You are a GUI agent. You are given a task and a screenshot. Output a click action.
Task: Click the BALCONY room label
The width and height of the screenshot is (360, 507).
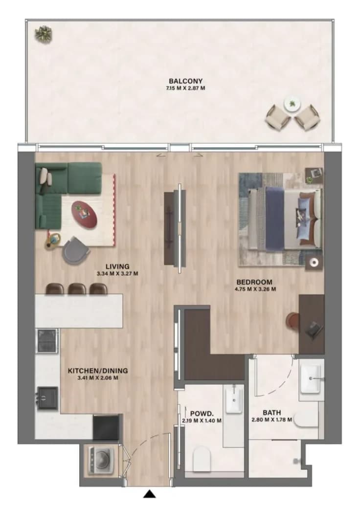coord(185,81)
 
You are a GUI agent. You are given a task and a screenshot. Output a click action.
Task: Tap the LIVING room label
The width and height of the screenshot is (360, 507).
coord(117,266)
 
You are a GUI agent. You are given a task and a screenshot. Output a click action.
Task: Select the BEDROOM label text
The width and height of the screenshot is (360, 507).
coord(254,282)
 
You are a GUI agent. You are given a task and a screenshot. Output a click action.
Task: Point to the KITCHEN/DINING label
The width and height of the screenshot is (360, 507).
coord(98,371)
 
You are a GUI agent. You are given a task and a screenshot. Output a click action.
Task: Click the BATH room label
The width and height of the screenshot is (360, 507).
coord(271,413)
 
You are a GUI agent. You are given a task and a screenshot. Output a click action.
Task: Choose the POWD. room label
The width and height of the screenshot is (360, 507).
coord(202,414)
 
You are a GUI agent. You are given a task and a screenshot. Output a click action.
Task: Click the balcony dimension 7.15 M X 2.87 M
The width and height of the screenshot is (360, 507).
coord(185,88)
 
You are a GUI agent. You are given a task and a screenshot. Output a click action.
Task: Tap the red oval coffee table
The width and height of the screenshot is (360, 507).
coord(85,214)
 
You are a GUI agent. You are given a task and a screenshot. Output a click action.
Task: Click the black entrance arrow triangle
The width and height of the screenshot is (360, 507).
coord(150,494)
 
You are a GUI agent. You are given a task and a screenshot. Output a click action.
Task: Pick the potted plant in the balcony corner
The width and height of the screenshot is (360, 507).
coord(44,34)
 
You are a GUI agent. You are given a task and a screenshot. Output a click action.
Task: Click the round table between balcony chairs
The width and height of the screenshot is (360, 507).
coord(292,104)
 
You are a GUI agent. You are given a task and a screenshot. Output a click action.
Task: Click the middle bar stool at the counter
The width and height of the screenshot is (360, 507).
coord(77,289)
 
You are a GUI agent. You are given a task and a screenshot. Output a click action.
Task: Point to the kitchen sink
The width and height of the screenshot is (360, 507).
coord(48,398)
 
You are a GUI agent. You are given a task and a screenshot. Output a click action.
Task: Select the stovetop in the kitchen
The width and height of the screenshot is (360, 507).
coord(48,341)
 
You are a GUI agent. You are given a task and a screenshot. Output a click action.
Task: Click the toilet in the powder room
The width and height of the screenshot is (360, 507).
coord(202,459)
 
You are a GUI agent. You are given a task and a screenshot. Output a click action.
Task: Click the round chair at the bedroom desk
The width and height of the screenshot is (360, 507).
coord(293,321)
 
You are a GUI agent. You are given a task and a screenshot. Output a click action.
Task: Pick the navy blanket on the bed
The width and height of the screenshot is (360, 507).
coord(275,220)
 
